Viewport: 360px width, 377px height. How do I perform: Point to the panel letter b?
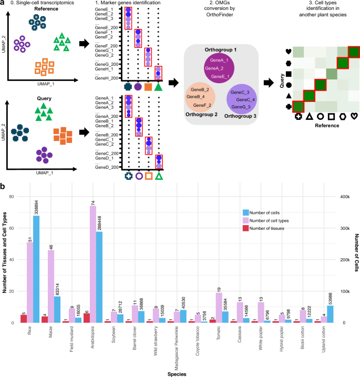point(4,185)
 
